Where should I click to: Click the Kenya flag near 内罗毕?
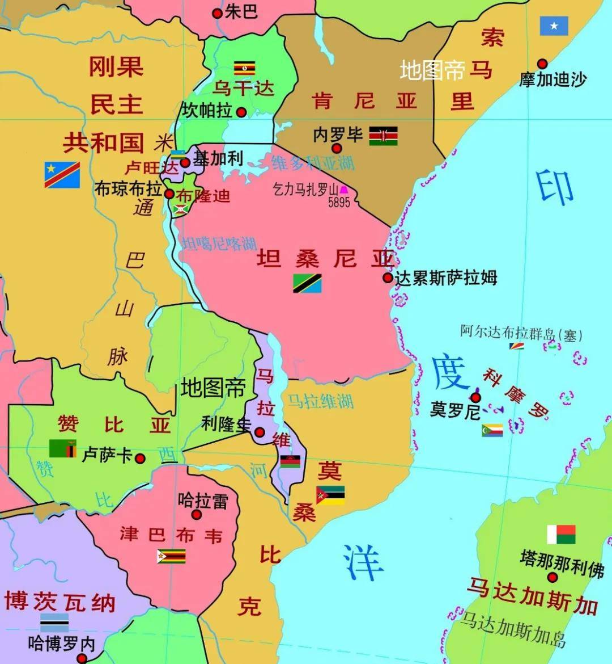coord(383,136)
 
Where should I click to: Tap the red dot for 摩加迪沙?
coord(542,64)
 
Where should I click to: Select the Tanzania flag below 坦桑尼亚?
coord(307,283)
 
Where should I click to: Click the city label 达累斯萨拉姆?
coord(446,278)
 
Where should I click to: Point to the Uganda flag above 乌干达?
coord(245,68)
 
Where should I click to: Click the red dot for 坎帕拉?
coord(241,112)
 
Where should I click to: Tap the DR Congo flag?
coord(62,174)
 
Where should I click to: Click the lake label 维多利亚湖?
coord(313,163)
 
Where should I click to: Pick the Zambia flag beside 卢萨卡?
coord(62,448)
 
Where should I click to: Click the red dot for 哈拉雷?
coord(197,515)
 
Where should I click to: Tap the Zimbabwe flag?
coord(171,556)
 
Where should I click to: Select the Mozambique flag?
coord(330,495)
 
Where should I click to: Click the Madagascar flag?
coord(561,535)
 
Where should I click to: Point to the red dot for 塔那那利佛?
coord(552,577)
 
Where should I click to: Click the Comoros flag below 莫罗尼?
coord(492,430)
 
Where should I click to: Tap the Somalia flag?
coord(554,26)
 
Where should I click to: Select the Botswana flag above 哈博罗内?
coord(54,623)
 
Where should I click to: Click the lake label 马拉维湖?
coord(320,401)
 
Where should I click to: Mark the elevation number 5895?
coord(339,201)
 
